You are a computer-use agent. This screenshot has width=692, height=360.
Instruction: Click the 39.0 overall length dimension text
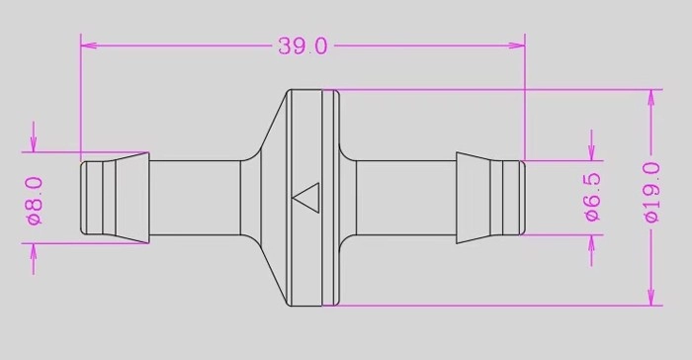(x=303, y=45)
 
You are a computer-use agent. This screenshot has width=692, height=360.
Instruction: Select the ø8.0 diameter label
(x=36, y=201)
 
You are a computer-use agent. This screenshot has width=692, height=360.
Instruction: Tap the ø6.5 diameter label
(x=592, y=197)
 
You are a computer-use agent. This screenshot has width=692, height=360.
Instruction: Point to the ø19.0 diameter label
(x=652, y=192)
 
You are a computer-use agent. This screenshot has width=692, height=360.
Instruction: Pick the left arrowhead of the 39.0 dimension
(x=89, y=45)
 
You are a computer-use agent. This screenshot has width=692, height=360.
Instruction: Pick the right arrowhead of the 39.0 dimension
(x=517, y=45)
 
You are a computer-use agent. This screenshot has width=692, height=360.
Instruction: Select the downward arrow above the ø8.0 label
(x=34, y=136)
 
